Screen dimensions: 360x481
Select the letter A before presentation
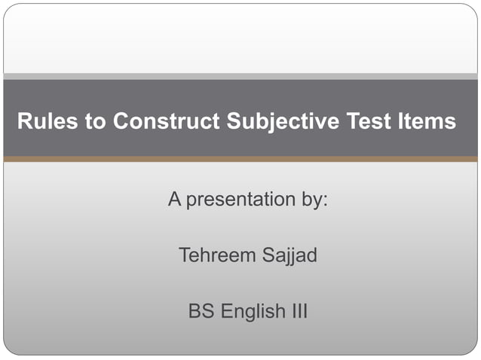(174, 200)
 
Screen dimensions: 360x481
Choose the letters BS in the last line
(201, 311)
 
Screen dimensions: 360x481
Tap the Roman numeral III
(300, 311)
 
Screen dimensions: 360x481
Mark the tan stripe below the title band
(240, 159)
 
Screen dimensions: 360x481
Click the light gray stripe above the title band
(240, 76)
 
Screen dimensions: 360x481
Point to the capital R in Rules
(23, 121)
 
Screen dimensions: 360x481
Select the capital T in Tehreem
(184, 255)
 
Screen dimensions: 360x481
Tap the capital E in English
(225, 311)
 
